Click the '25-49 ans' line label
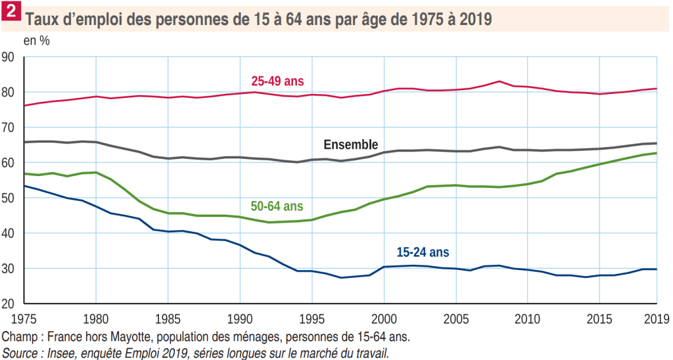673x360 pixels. tap(277, 81)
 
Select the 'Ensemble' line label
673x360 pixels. tap(350, 145)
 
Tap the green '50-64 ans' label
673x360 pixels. tap(277, 206)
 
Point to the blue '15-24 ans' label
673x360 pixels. tap(423, 252)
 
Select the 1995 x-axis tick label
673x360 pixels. tap(311, 320)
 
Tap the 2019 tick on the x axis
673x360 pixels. tap(656, 320)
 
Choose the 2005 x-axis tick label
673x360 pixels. tap(455, 320)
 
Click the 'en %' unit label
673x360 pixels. tap(36, 40)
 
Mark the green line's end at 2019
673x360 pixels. tap(657, 153)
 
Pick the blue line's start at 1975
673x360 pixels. tap(24, 186)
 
